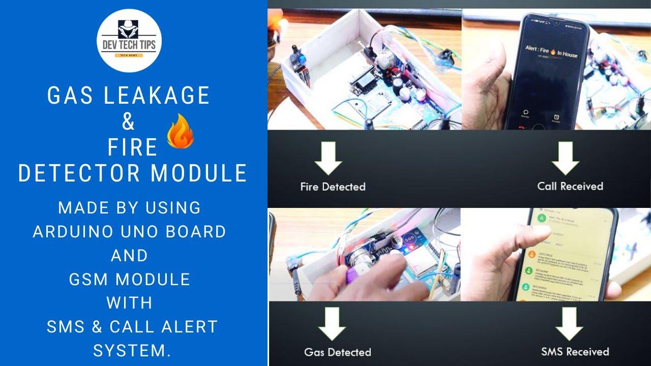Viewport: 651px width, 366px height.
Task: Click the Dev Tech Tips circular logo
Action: pos(129,41)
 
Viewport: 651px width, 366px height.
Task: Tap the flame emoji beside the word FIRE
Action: pos(181,131)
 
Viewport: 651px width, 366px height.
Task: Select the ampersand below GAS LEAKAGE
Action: pos(129,122)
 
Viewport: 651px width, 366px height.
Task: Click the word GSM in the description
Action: pos(88,279)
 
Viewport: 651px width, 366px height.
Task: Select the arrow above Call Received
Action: pos(565,159)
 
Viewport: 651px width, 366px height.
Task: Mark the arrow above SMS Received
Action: pos(569,325)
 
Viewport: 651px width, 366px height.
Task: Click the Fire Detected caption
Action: pos(333,187)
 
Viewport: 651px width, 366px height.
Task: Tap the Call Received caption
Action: pos(570,186)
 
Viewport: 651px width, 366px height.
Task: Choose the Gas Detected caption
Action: pos(337,352)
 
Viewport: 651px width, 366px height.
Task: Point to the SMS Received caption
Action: pos(575,351)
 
